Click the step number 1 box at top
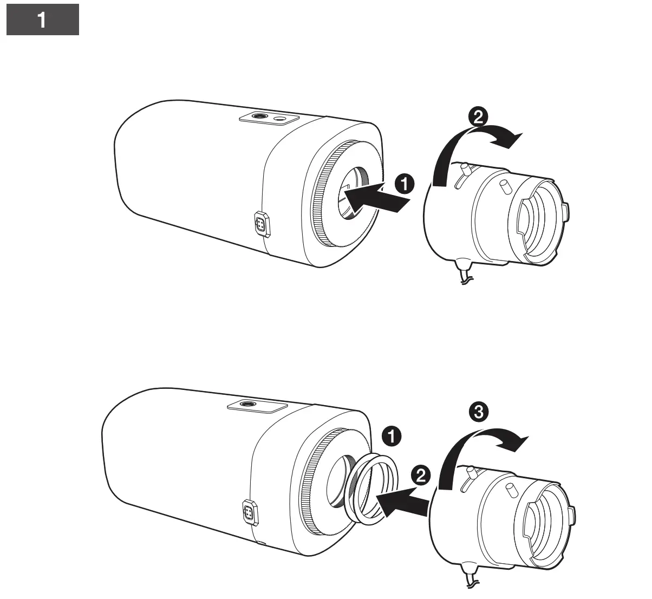(x=42, y=21)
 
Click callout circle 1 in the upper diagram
(x=403, y=185)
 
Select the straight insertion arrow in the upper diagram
(x=376, y=199)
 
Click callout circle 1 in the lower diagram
(x=392, y=435)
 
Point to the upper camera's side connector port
(x=262, y=224)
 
